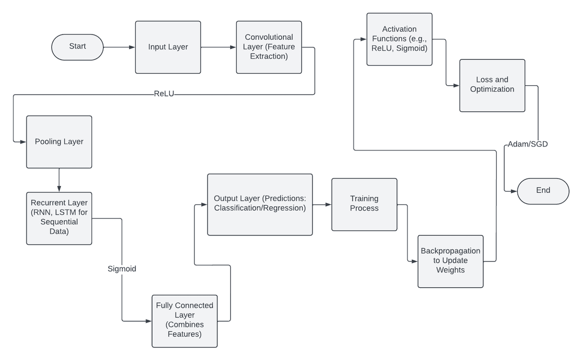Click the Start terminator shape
coord(77,47)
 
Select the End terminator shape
coord(543,191)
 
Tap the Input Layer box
coord(168,47)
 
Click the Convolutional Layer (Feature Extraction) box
coord(268,47)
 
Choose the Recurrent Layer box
coord(59,218)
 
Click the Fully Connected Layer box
coord(184,320)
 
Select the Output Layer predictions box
coord(260,204)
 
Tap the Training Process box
coord(364,204)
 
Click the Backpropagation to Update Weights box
coord(451,261)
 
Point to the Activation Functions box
coord(399,39)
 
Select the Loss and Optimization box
coord(492,85)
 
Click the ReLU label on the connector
coord(164,94)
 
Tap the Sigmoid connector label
coord(121,268)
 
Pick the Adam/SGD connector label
coord(528,144)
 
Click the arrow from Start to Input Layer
coord(119,47)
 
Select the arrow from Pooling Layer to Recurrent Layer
coord(59,180)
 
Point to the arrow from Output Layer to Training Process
coord(322,205)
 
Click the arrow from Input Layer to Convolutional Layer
coord(218,47)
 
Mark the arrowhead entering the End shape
coord(514,191)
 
